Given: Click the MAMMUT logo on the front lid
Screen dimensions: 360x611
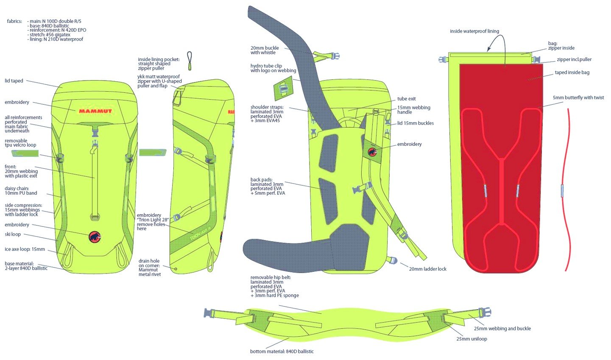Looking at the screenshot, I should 95,111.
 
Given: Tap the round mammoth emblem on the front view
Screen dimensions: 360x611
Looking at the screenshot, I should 95,237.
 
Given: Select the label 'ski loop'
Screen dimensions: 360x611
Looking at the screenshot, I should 13,234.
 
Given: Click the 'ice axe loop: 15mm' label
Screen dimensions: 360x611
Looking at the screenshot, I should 25,249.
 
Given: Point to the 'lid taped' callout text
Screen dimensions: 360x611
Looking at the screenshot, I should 14,81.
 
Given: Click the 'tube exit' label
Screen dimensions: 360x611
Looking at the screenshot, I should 406,99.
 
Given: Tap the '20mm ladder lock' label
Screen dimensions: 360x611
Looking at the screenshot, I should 427,269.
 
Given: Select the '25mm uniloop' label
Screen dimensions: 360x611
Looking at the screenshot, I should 472,339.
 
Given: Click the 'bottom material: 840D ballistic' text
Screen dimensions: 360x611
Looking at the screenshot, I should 282,351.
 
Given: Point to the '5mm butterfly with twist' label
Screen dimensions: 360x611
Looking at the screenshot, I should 578,98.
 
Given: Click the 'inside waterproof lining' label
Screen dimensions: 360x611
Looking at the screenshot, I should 474,31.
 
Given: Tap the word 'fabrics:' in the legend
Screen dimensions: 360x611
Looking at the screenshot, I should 14,21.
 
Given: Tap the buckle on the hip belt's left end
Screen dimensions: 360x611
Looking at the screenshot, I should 208,313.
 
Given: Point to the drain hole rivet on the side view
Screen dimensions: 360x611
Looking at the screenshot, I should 176,268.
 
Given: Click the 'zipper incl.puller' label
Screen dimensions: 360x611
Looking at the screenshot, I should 574,60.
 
